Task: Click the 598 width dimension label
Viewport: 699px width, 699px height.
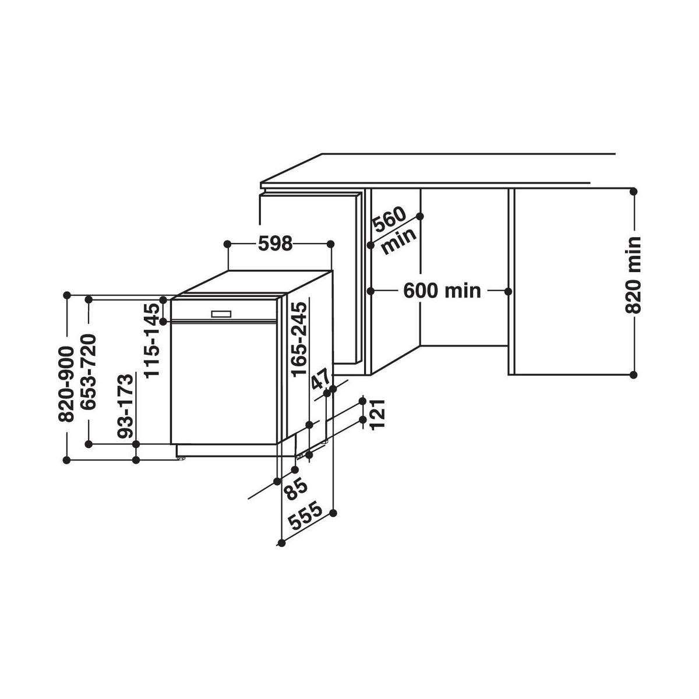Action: (x=275, y=243)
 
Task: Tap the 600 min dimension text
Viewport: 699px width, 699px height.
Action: (x=442, y=291)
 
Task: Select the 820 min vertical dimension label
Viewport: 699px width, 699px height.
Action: (x=633, y=274)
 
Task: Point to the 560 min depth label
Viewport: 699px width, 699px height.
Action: (x=394, y=230)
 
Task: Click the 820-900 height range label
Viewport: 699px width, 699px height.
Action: (x=66, y=384)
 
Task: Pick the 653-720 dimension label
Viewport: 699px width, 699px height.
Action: (x=88, y=372)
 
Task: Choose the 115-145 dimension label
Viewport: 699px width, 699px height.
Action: (x=151, y=341)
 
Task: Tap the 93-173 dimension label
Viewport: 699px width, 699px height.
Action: (x=125, y=405)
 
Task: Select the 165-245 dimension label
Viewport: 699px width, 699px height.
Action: (x=299, y=340)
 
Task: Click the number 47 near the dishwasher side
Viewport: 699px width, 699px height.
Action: (x=320, y=379)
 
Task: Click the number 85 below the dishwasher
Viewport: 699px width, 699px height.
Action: (x=295, y=490)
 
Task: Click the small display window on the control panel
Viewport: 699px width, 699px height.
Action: (x=221, y=314)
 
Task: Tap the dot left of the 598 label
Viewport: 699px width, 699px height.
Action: (x=227, y=243)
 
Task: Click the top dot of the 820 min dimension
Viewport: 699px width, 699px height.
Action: (x=633, y=191)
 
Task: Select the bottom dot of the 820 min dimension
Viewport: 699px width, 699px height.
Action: (x=633, y=375)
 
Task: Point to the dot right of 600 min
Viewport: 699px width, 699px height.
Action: (x=508, y=291)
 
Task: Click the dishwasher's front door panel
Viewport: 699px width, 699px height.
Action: (x=224, y=383)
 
